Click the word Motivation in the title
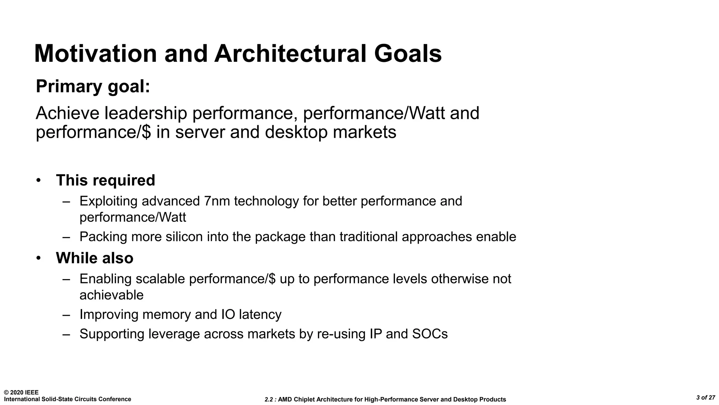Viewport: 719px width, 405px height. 95,54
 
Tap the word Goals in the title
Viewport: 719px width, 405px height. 408,54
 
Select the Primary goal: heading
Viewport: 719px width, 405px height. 93,86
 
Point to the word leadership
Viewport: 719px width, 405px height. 146,113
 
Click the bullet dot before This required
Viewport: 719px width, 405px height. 39,180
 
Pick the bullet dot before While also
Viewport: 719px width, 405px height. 39,258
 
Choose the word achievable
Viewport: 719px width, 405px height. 111,295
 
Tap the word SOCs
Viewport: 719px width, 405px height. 430,334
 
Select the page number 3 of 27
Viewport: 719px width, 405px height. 706,398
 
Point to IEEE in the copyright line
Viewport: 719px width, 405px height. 32,392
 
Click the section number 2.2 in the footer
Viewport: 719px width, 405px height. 269,399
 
